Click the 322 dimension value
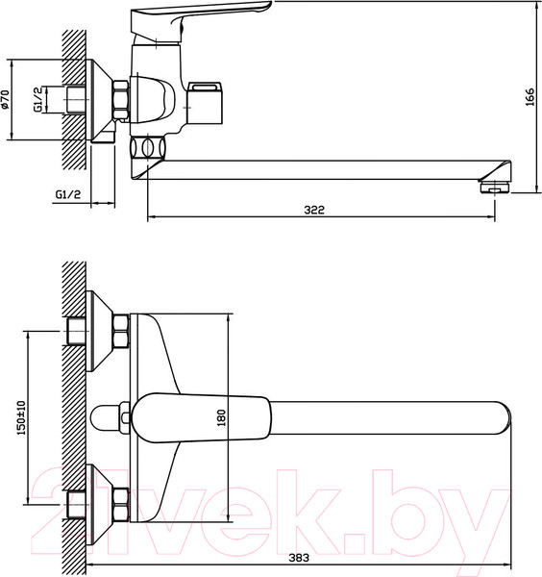[x=314, y=210]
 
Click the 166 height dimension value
[x=530, y=97]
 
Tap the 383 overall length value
[x=299, y=558]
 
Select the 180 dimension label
[x=221, y=417]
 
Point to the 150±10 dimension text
[x=21, y=417]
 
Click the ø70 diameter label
[x=5, y=99]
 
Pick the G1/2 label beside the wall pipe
[x=37, y=100]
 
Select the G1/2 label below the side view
[x=68, y=194]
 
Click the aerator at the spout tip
[x=494, y=187]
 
